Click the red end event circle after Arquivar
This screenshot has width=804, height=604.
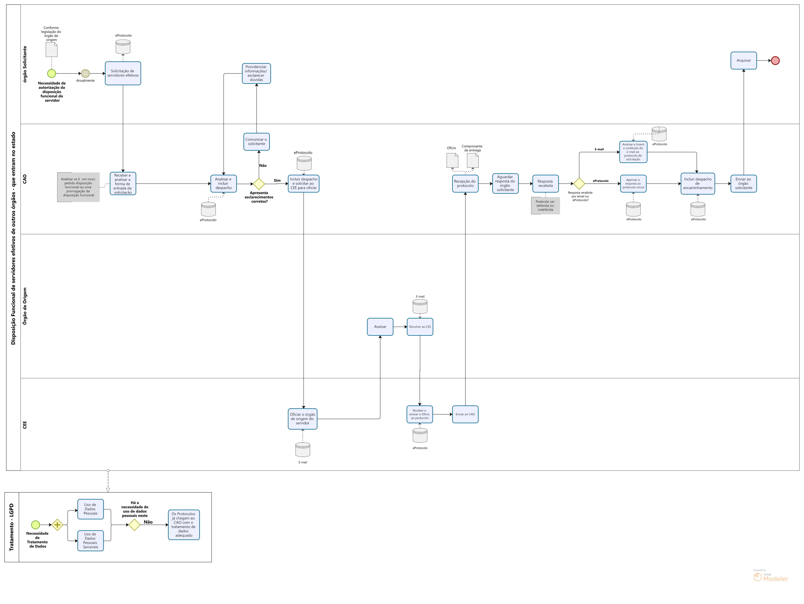[x=775, y=61]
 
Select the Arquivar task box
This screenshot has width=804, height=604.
[x=744, y=60]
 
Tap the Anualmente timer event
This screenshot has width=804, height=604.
[x=85, y=73]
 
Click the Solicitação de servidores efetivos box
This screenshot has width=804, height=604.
[x=123, y=73]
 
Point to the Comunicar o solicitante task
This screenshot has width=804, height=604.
[x=257, y=141]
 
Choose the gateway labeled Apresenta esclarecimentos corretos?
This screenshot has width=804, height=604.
[x=259, y=184]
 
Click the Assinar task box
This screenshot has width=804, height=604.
[x=380, y=327]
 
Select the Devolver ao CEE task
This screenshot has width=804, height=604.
[x=420, y=327]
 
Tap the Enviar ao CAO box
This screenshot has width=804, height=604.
[x=465, y=414]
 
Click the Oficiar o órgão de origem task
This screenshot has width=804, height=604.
[x=303, y=419]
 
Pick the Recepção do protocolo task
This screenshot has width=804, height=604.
[x=465, y=184]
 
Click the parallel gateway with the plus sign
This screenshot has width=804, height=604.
[x=57, y=525]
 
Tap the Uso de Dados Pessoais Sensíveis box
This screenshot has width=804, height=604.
[x=90, y=541]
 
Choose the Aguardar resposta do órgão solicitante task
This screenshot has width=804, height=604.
[x=505, y=184]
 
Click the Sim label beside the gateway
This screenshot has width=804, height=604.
[x=277, y=180]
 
